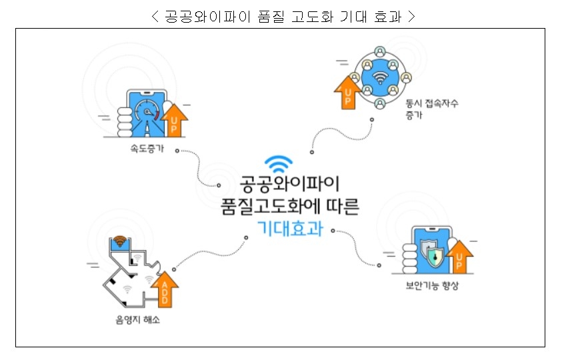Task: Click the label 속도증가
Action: pyautogui.click(x=146, y=149)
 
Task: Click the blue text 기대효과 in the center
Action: pyautogui.click(x=289, y=228)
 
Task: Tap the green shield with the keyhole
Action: pyautogui.click(x=434, y=256)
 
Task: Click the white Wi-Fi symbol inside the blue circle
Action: pyautogui.click(x=380, y=75)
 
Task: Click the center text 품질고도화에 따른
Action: pyautogui.click(x=289, y=206)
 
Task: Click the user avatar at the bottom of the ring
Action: pyautogui.click(x=380, y=104)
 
